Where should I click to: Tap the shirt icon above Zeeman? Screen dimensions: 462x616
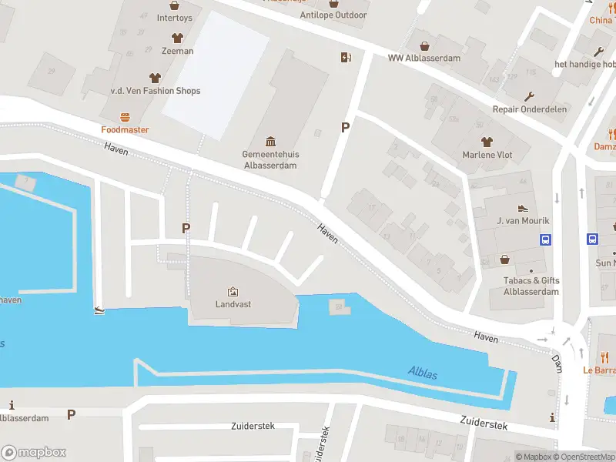tap(177, 37)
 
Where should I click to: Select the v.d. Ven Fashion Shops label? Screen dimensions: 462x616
tap(156, 91)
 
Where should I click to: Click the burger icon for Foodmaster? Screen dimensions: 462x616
tap(125, 117)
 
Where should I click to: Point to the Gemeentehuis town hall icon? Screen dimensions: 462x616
tap(271, 141)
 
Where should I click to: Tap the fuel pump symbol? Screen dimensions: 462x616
tap(346, 57)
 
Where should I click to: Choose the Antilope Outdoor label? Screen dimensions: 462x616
tap(333, 15)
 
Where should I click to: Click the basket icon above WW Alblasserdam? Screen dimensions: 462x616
tap(423, 45)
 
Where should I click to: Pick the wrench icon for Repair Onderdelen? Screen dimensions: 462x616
tap(529, 96)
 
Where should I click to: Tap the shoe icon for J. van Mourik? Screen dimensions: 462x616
tap(523, 209)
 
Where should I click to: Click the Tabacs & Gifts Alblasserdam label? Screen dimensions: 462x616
tap(531, 286)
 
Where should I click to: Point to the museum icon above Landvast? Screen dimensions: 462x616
tap(233, 291)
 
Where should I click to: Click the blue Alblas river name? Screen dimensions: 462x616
tap(423, 374)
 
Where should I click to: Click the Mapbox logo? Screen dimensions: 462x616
tap(34, 453)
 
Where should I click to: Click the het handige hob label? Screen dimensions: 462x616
tap(584, 64)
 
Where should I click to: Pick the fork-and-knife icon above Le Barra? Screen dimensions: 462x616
tap(604, 357)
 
